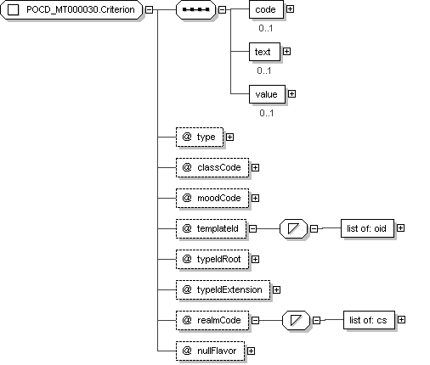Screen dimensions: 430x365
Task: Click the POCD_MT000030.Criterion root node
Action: [71, 9]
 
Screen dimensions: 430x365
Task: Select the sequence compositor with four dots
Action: [195, 9]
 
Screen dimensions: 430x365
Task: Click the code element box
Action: [266, 9]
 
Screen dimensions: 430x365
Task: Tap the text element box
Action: [264, 52]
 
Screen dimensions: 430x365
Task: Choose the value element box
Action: [267, 94]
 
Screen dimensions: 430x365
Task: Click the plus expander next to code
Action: [290, 9]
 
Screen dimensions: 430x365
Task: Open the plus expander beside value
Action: [291, 94]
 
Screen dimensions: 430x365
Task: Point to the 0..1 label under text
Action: [264, 70]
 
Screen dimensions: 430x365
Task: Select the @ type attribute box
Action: [200, 138]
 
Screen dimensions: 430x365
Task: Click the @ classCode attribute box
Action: [212, 168]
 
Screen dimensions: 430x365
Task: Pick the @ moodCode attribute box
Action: [212, 199]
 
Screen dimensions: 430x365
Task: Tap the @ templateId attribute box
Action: [211, 228]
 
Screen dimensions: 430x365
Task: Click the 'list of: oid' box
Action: [367, 228]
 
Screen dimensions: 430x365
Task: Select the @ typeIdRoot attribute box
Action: [212, 259]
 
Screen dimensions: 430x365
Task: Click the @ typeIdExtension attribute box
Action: [223, 289]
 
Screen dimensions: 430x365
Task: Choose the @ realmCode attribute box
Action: [212, 320]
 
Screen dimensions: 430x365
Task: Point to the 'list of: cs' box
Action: [369, 320]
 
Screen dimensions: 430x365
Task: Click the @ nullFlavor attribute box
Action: [210, 351]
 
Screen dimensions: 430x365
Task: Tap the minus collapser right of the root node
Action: [149, 9]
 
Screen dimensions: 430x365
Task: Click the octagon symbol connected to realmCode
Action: [296, 320]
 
